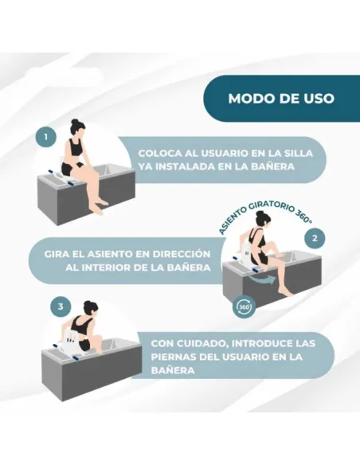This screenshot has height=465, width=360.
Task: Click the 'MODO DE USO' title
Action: pos(280,100)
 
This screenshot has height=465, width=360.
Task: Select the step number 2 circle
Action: pos(315,237)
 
